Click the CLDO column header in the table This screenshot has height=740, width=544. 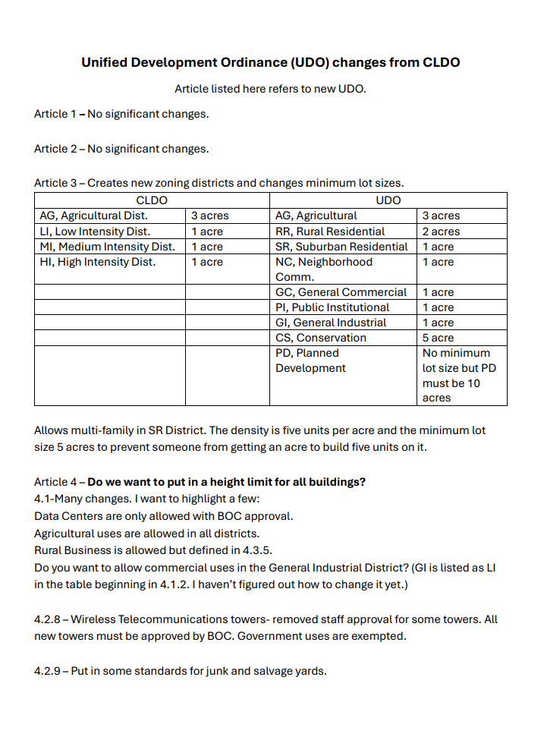[x=152, y=200]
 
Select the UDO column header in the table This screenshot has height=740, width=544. [x=388, y=200]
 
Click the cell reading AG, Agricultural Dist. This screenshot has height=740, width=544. [x=93, y=216]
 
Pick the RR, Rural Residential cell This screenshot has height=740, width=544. [x=330, y=231]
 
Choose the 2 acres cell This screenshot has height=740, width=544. [x=441, y=231]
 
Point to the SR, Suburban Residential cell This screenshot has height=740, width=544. [x=341, y=247]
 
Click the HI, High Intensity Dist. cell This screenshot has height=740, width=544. [x=97, y=262]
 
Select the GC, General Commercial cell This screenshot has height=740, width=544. [x=341, y=292]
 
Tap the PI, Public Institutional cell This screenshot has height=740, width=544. [x=332, y=307]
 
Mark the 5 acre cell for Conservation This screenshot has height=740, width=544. [x=438, y=338]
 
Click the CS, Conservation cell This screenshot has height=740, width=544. [x=320, y=338]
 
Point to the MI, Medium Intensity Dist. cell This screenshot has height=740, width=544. [x=107, y=247]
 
